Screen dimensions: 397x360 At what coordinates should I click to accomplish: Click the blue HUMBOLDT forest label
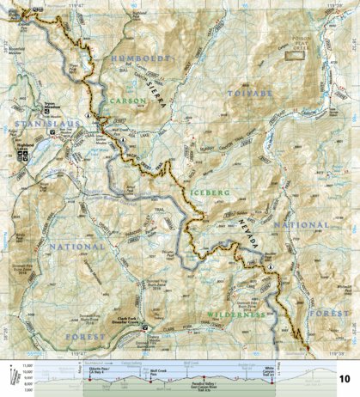138,58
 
